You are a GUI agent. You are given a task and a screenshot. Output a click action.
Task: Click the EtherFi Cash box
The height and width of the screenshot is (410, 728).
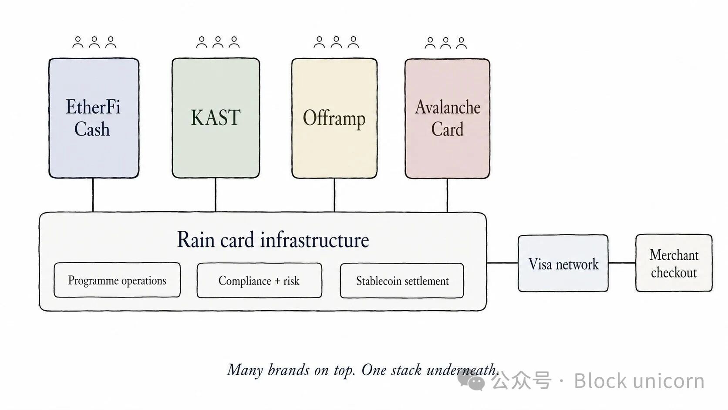click(x=94, y=119)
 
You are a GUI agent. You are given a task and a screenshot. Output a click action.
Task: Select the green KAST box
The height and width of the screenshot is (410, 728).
click(x=216, y=119)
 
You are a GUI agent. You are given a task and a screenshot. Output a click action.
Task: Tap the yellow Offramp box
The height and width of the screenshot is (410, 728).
click(x=334, y=119)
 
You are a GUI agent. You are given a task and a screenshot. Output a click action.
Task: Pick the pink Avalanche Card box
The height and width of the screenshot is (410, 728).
click(x=448, y=119)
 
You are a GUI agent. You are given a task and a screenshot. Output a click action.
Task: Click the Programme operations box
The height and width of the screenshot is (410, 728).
click(x=117, y=280)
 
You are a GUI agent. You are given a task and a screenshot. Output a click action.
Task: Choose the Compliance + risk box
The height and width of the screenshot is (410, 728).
click(x=260, y=280)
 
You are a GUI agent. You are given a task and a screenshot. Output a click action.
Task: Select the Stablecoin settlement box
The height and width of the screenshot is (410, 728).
click(x=402, y=281)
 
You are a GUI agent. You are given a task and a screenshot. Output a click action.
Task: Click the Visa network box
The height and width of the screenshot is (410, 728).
click(x=563, y=263)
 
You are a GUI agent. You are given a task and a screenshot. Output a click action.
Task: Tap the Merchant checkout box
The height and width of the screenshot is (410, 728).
click(x=674, y=263)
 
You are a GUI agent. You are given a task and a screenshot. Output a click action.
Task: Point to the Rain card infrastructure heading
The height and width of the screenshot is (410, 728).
click(x=273, y=240)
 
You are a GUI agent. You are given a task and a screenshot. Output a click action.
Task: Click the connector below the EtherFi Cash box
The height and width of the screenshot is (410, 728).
click(x=93, y=195)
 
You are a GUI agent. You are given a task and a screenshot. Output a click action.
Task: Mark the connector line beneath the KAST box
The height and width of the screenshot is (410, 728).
click(x=216, y=195)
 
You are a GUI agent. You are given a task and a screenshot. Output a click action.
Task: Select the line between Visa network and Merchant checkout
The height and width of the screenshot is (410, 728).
click(x=622, y=263)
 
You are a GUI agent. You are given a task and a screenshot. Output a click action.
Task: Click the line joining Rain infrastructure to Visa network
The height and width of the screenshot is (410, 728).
click(x=502, y=263)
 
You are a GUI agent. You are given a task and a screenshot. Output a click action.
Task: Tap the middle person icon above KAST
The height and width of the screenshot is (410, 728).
click(x=218, y=43)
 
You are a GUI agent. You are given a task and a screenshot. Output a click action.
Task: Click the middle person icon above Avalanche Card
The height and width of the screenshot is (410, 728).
click(x=445, y=43)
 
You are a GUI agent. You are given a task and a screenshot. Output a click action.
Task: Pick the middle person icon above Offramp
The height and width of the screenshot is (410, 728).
click(x=337, y=43)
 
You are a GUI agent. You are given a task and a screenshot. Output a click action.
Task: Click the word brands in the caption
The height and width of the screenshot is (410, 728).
click(x=289, y=370)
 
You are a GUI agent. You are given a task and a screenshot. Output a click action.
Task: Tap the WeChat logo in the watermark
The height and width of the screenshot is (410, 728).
click(x=471, y=381)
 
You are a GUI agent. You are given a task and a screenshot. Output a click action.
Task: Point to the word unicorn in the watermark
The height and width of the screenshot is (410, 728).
click(x=669, y=381)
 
